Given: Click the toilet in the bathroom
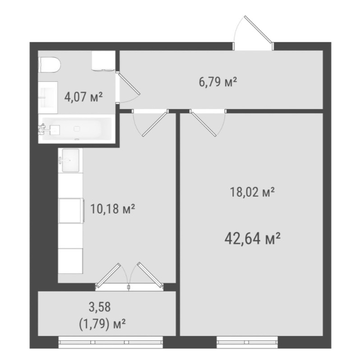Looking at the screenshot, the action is click(x=50, y=65).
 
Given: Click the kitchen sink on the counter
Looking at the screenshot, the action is click(x=70, y=161).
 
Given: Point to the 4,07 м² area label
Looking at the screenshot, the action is click(x=83, y=97).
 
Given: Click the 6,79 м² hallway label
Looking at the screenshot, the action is click(x=218, y=82).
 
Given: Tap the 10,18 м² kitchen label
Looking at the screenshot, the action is click(x=112, y=209).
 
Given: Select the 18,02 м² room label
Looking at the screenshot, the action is click(x=252, y=192).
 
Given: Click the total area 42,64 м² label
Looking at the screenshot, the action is click(x=252, y=239).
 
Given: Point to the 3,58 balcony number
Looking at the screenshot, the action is click(x=100, y=307).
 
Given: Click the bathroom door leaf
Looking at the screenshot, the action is click(x=128, y=83).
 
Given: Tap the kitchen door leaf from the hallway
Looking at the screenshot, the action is click(x=155, y=124).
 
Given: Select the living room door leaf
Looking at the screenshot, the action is click(x=203, y=124).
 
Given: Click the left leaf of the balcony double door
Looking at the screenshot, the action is click(x=108, y=276).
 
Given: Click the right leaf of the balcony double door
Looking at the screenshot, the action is click(x=150, y=275).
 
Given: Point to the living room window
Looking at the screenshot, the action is click(x=247, y=342).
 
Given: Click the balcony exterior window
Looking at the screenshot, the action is click(x=111, y=342).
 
